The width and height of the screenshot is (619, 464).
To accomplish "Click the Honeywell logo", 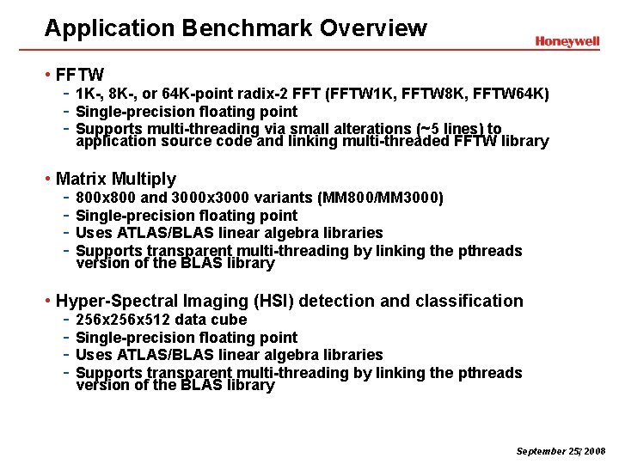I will (567, 40).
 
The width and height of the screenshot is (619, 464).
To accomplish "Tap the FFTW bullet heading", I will (80, 75).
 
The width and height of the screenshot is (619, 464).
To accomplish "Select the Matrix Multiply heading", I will (116, 179).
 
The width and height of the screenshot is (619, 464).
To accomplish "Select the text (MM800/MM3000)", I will (380, 198).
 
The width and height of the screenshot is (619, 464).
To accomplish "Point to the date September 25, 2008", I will (561, 450).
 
